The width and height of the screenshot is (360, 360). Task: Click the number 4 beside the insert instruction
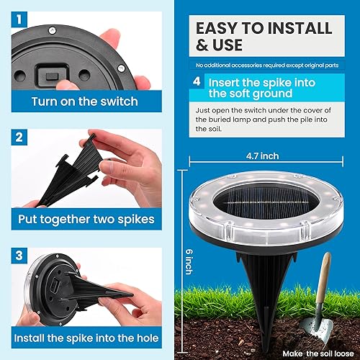pyautogui.click(x=196, y=81)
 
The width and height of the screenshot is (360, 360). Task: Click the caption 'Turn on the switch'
pyautogui.click(x=84, y=101)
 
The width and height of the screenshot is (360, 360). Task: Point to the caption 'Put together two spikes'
pyautogui.click(x=84, y=218)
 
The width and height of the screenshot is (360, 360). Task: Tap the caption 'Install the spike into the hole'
pyautogui.click(x=84, y=337)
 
